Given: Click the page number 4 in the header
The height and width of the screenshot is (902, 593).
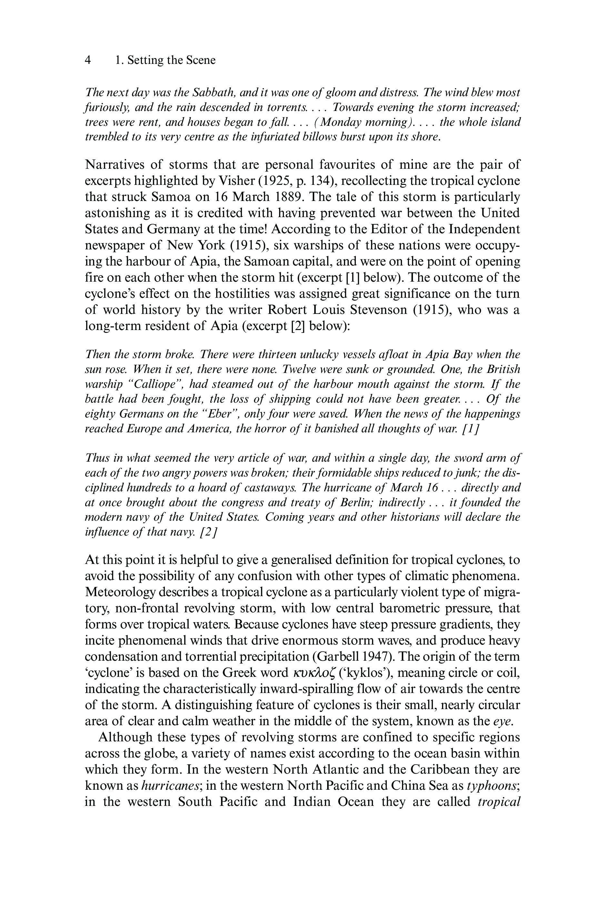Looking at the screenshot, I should click(88, 60).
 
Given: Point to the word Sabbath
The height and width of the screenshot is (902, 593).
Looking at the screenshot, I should click(213, 93).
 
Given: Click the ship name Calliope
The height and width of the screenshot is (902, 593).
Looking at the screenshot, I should click(156, 384).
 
